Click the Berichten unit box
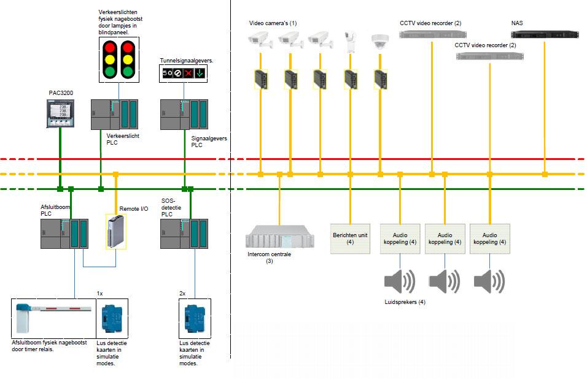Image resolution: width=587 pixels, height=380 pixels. tap(350, 238)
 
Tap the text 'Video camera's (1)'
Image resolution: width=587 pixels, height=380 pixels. tap(273, 23)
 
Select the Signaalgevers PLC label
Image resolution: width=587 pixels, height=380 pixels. tap(209, 142)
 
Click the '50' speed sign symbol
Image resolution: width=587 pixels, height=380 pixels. tap(166, 73)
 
